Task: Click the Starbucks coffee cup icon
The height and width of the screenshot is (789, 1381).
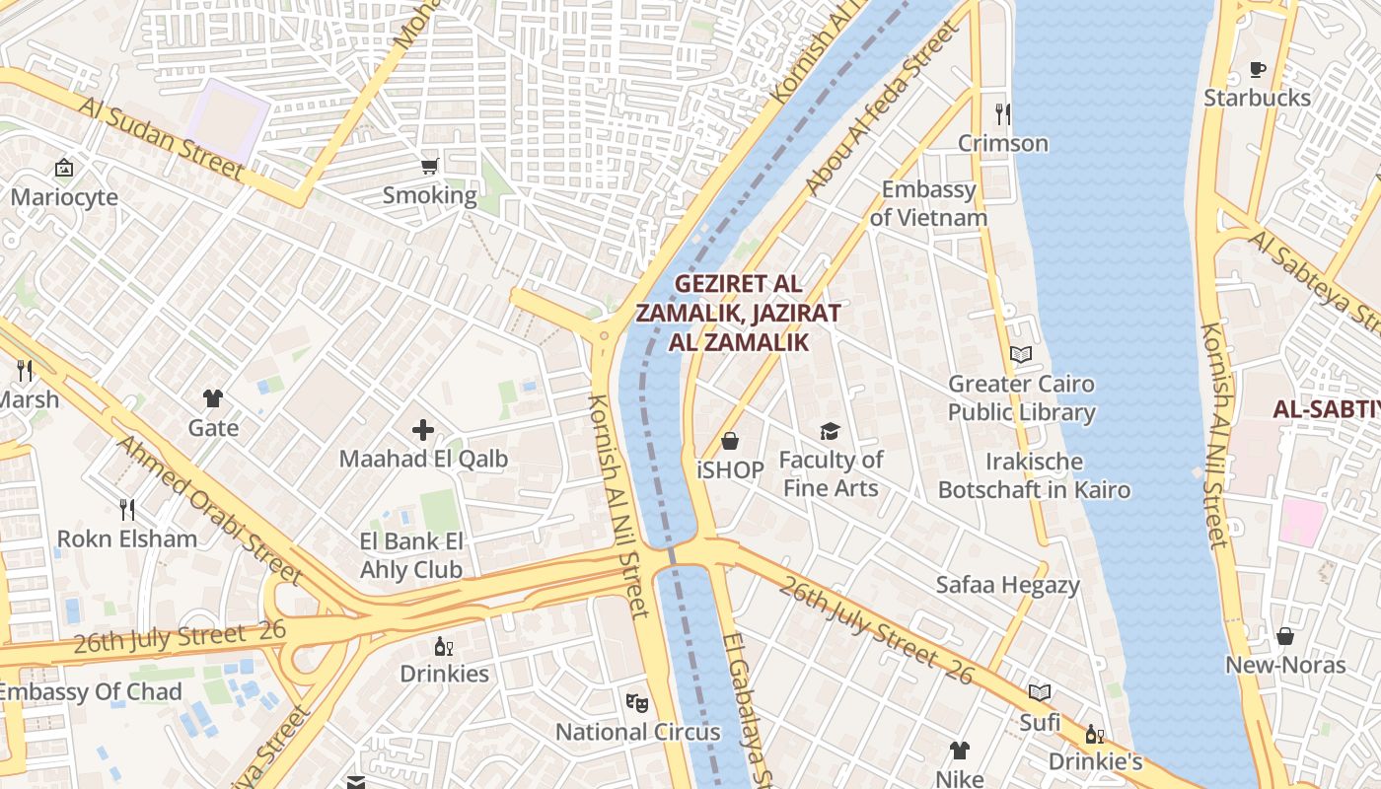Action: click(x=1257, y=69)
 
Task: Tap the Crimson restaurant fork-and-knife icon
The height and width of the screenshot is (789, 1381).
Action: click(x=1003, y=114)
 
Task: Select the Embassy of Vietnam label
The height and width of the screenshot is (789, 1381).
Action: click(x=928, y=203)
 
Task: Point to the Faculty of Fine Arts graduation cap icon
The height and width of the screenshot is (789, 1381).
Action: click(x=830, y=431)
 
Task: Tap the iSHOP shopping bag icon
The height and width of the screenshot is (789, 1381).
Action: click(x=730, y=441)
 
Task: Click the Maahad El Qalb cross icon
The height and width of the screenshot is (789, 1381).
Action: click(x=423, y=430)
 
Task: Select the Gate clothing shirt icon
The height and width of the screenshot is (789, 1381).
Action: click(x=213, y=398)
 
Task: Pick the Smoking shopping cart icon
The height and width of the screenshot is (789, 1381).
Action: click(x=430, y=166)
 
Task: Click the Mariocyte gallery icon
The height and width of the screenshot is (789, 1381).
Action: click(x=64, y=168)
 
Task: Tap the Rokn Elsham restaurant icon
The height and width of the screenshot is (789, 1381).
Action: click(x=126, y=510)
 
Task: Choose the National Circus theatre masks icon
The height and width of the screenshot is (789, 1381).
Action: click(x=637, y=703)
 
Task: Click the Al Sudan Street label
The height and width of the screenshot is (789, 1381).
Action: click(x=161, y=139)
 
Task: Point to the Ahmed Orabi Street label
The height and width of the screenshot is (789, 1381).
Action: click(x=208, y=509)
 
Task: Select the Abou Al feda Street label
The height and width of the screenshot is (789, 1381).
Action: click(x=881, y=109)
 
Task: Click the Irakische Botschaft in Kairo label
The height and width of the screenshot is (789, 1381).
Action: click(x=1034, y=475)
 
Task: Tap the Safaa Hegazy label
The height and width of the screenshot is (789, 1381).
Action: click(x=1007, y=585)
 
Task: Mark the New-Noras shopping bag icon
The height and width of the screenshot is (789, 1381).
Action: click(x=1284, y=636)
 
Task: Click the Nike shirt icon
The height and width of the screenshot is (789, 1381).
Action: click(x=959, y=751)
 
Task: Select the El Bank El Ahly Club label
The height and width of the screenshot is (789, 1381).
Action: click(x=411, y=555)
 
